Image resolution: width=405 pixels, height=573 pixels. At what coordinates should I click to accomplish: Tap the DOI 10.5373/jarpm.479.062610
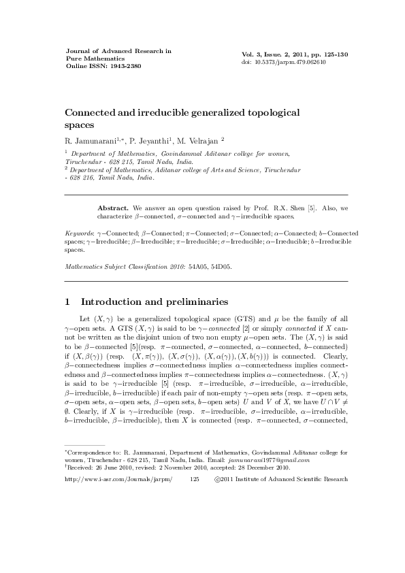291,62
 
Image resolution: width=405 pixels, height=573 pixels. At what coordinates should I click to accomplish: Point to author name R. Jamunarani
90,140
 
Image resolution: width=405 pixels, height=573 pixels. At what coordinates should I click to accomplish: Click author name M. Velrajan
202,140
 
